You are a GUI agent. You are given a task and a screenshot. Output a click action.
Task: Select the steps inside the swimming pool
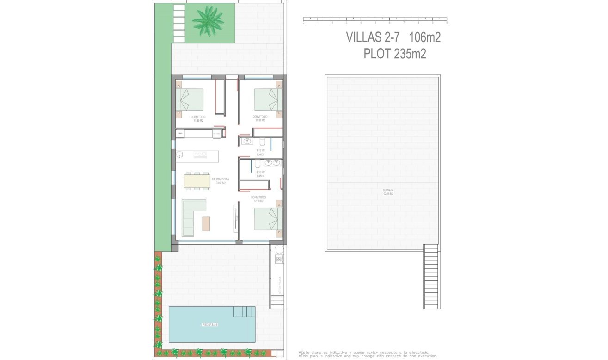pyautogui.click(x=244, y=312)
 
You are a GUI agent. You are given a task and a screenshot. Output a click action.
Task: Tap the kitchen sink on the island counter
pyautogui.click(x=179, y=155)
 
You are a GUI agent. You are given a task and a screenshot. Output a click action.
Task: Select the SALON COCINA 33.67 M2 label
pyautogui.click(x=219, y=181)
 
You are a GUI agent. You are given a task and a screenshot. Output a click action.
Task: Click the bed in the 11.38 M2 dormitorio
pyautogui.click(x=190, y=98)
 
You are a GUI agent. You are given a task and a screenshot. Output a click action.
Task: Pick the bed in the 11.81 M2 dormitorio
pyautogui.click(x=269, y=99)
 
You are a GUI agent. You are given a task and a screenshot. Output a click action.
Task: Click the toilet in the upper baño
pyautogui.click(x=262, y=141)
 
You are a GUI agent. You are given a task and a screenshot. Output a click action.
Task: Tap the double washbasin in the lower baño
pyautogui.click(x=272, y=162)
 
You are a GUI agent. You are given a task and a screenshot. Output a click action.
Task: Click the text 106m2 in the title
pyautogui.click(x=425, y=37)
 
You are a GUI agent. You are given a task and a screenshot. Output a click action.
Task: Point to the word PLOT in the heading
pyautogui.click(x=377, y=54)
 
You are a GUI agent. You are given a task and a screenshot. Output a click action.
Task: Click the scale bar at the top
pyautogui.click(x=375, y=20)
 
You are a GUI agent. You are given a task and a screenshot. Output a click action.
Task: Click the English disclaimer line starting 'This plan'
pyautogui.click(x=368, y=356)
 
